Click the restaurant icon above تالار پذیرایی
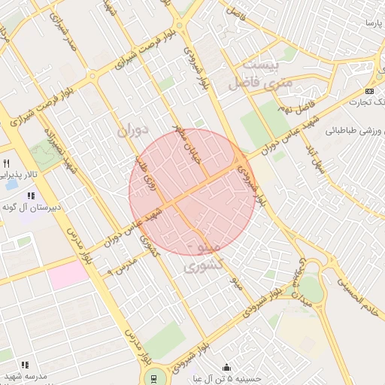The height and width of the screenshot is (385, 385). tap(7, 163)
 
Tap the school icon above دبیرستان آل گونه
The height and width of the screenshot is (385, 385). tap(31, 196)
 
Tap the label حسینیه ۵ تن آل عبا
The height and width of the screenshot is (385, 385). tap(226, 378)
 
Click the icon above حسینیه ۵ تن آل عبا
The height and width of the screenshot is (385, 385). tap(226, 368)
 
